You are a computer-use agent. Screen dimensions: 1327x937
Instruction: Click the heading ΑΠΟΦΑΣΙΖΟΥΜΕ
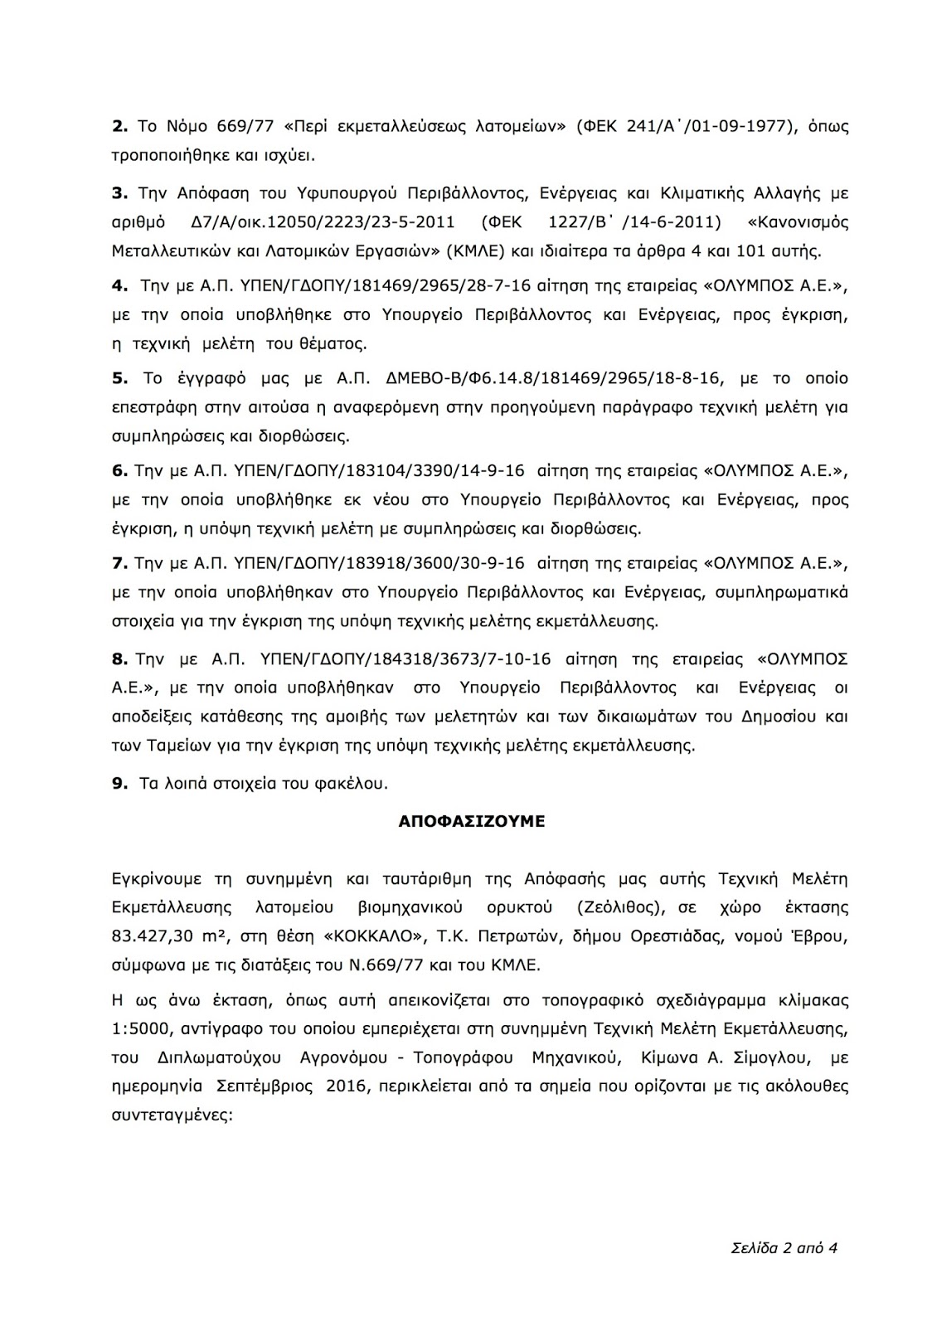(471, 821)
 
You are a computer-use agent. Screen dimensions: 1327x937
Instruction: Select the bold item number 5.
(119, 378)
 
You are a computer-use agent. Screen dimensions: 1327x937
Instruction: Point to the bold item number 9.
(119, 782)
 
